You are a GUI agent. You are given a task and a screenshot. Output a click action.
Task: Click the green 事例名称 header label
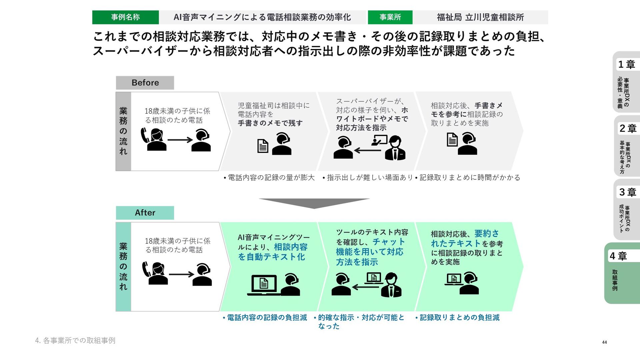point(125,17)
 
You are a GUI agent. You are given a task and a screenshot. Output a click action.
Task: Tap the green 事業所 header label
point(390,17)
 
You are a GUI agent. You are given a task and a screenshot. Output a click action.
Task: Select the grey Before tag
point(145,83)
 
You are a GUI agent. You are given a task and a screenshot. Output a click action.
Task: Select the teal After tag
point(145,213)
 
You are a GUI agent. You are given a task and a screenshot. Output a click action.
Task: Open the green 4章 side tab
point(622,273)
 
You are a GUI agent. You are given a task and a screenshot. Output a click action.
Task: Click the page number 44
point(604,342)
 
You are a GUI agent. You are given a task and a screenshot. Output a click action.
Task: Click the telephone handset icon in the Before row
point(145,135)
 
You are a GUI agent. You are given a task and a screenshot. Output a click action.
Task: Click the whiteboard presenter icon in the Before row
point(379,140)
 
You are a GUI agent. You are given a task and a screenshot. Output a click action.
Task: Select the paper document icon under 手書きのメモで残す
point(263,146)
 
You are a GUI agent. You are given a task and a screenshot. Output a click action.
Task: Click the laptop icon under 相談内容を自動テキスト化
point(263,284)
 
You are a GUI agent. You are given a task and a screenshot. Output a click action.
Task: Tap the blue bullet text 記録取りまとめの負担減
point(459,318)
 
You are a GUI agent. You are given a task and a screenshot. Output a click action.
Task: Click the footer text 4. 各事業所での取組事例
point(75,340)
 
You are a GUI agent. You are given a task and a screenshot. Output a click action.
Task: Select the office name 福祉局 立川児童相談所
point(480,17)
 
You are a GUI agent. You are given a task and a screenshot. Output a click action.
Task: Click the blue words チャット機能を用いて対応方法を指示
point(370,252)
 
